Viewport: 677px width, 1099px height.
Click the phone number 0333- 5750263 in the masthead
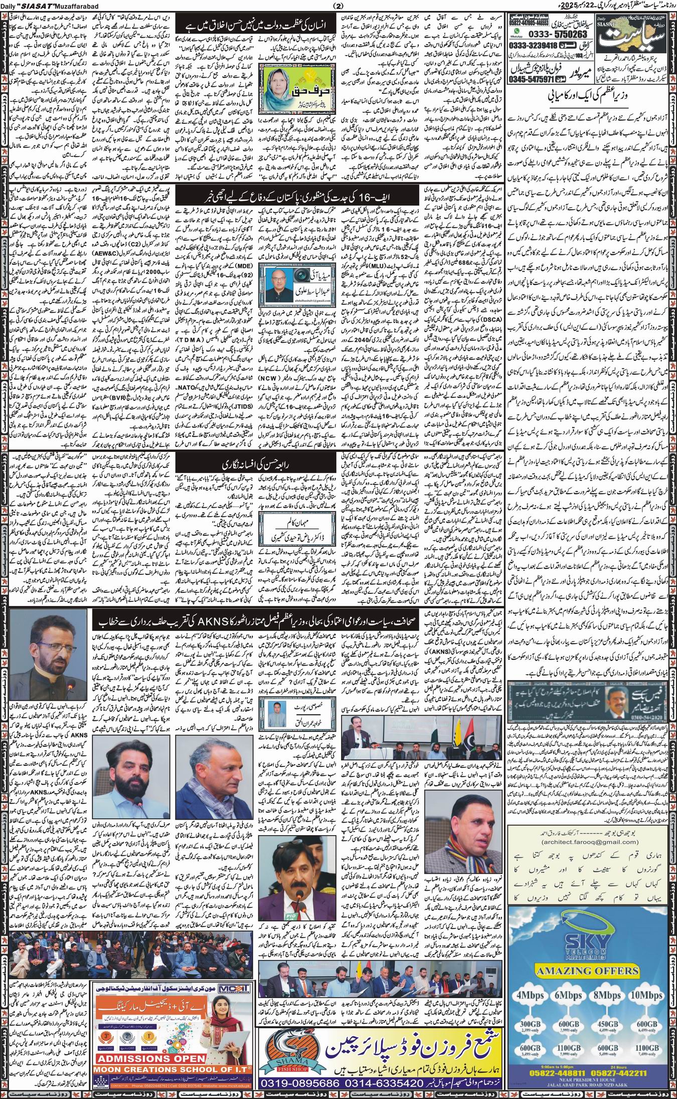click(x=551, y=34)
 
